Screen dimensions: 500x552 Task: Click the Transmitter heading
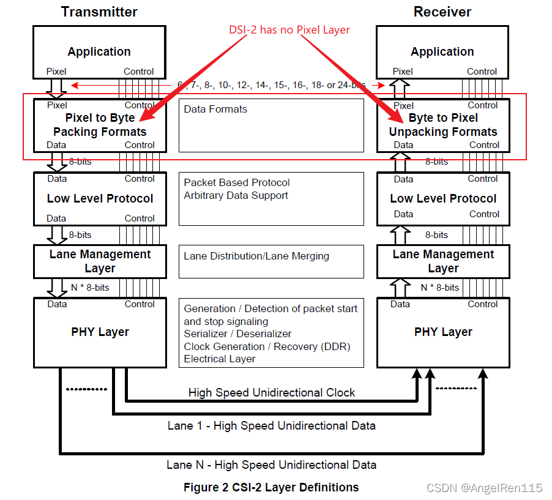[99, 12]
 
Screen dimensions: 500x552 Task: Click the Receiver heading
[442, 12]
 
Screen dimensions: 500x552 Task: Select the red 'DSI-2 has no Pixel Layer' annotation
[289, 29]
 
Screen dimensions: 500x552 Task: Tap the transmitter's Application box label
[99, 52]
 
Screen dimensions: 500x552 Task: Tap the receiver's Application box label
[442, 52]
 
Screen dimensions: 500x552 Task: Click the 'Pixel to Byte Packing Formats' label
[100, 125]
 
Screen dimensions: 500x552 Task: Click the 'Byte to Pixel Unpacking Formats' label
[443, 125]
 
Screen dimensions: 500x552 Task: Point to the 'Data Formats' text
[215, 109]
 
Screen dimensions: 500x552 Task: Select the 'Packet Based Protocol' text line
[237, 182]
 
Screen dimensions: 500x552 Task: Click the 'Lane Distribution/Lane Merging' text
[256, 256]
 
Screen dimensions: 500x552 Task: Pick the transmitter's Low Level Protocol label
[100, 198]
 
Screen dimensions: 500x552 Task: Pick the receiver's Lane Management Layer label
[443, 261]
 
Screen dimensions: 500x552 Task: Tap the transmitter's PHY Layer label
[100, 332]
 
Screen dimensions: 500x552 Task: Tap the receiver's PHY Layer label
[443, 332]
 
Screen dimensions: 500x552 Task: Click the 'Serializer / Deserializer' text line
[237, 334]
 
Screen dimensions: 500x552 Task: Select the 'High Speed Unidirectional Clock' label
[272, 392]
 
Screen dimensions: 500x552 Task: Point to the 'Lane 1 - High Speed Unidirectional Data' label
[272, 425]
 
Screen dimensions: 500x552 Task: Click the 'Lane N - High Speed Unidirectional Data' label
[271, 465]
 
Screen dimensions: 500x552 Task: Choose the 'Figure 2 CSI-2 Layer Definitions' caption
[271, 487]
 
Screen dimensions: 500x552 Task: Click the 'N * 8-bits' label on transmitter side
[89, 287]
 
